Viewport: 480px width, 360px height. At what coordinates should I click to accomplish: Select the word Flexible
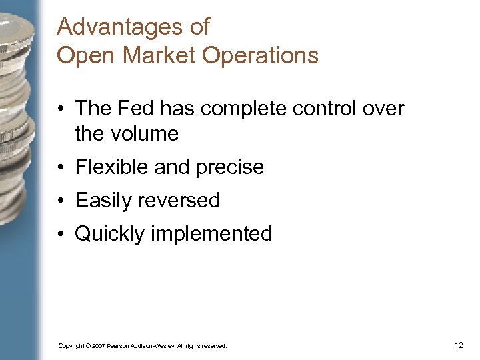(112, 167)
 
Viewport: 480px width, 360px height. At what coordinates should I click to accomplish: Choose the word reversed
(179, 201)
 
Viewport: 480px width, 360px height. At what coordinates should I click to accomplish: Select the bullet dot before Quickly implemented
(63, 235)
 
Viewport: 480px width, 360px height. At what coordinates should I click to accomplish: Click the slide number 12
(458, 345)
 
